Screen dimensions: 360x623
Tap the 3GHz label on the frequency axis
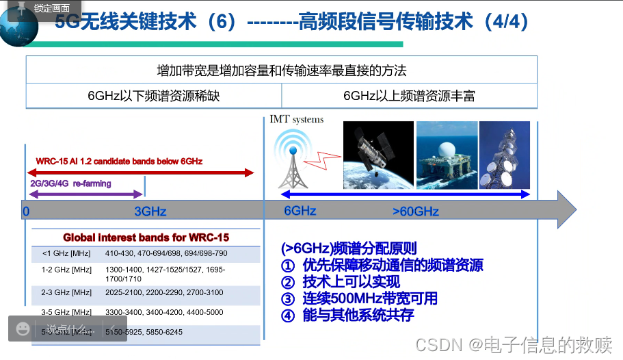click(150, 211)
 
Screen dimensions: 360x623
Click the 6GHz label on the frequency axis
click(300, 211)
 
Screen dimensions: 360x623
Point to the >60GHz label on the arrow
click(415, 211)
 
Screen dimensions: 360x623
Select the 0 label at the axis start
click(26, 211)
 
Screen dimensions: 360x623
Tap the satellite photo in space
click(378, 155)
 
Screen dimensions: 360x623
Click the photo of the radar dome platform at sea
click(447, 155)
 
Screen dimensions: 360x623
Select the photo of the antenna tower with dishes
click(504, 155)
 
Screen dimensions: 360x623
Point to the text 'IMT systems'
click(296, 119)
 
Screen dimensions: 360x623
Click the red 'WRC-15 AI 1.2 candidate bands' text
click(119, 161)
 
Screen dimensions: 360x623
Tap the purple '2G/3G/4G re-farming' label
click(70, 183)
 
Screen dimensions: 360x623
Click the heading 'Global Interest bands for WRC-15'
click(146, 237)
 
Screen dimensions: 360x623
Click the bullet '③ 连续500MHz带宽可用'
click(360, 298)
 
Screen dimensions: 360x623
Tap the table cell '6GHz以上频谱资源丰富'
click(409, 96)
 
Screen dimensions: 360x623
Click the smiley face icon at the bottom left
click(23, 329)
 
